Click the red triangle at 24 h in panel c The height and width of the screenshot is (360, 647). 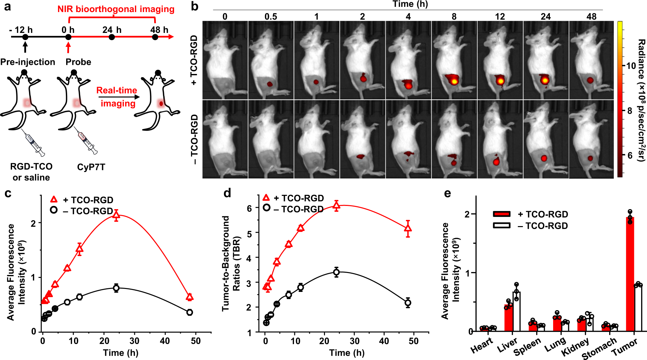pos(116,215)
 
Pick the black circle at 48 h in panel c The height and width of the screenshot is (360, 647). pos(190,312)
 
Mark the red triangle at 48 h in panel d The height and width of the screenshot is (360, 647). pos(408,229)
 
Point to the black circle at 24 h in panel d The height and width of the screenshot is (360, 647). pos(336,272)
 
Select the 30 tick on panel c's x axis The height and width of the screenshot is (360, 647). pos(134,341)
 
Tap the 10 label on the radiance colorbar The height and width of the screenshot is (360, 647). pos(631,66)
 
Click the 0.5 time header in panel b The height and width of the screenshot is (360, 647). pos(271,17)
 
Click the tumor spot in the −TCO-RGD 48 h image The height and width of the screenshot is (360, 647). pos(590,158)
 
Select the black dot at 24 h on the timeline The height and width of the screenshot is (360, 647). pos(112,37)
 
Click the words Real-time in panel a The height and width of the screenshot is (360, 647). pos(117,90)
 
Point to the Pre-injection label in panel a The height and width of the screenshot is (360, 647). pos(28,62)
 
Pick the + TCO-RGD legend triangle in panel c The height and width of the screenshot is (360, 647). pos(54,199)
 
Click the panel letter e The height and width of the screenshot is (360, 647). pos(448,193)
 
